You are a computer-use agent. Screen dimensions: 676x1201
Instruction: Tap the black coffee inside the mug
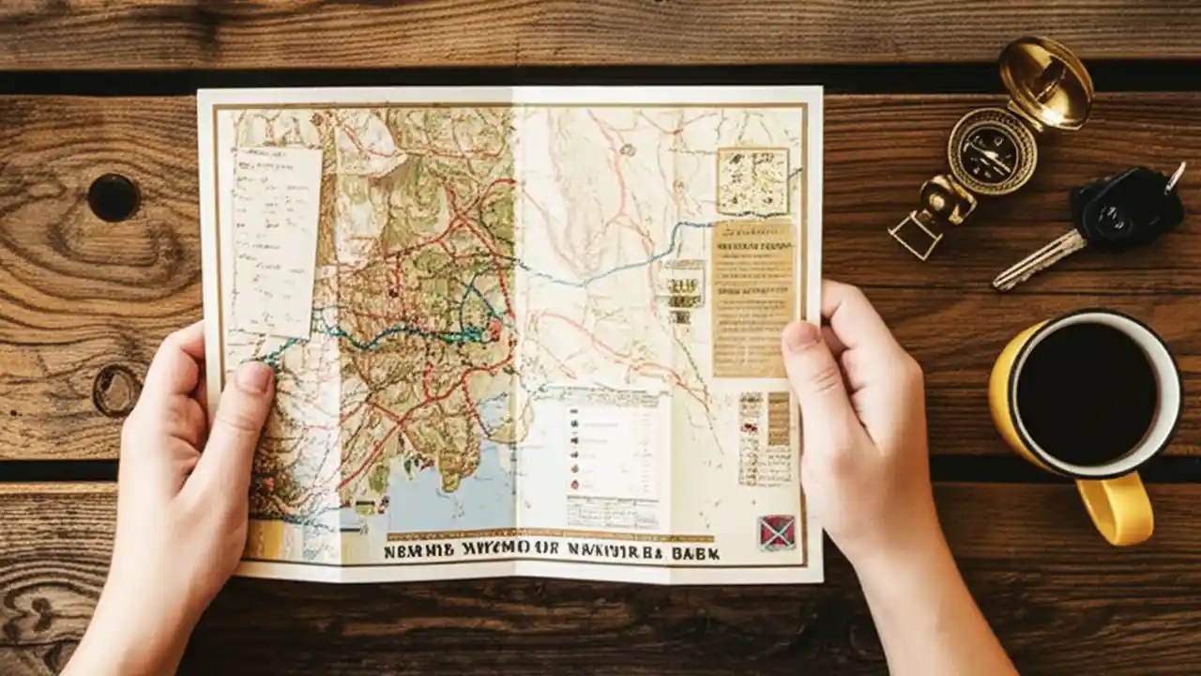coord(1086,392)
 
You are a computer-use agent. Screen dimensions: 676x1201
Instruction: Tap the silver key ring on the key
coord(1174,177)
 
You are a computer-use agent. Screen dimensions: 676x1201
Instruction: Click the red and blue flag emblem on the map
coord(776,532)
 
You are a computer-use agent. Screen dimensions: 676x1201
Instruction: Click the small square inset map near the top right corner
coord(753,179)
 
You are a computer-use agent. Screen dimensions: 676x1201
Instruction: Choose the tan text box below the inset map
coord(753,297)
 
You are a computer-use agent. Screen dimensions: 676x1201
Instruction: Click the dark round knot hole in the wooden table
coord(114,198)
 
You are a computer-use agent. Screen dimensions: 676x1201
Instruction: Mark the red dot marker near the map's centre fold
coord(494,329)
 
